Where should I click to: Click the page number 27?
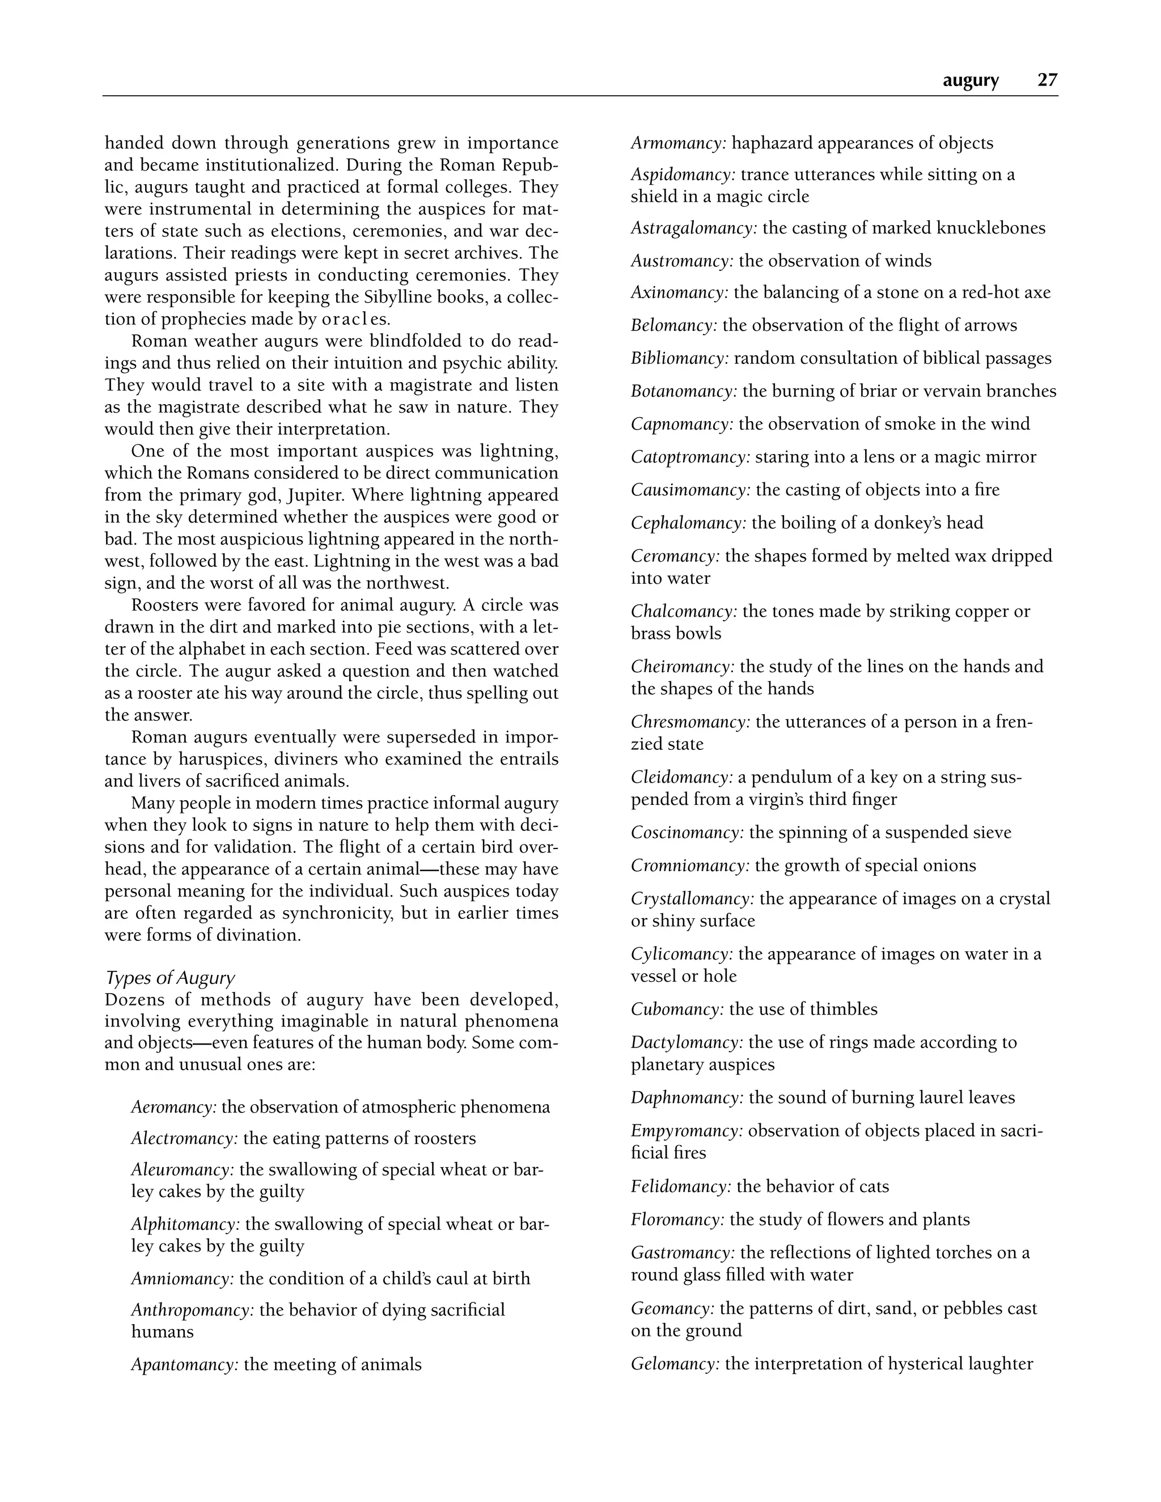click(1047, 80)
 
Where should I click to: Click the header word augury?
click(971, 81)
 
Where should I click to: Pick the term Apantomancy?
click(184, 1364)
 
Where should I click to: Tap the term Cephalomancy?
click(688, 523)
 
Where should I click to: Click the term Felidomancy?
click(681, 1186)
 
